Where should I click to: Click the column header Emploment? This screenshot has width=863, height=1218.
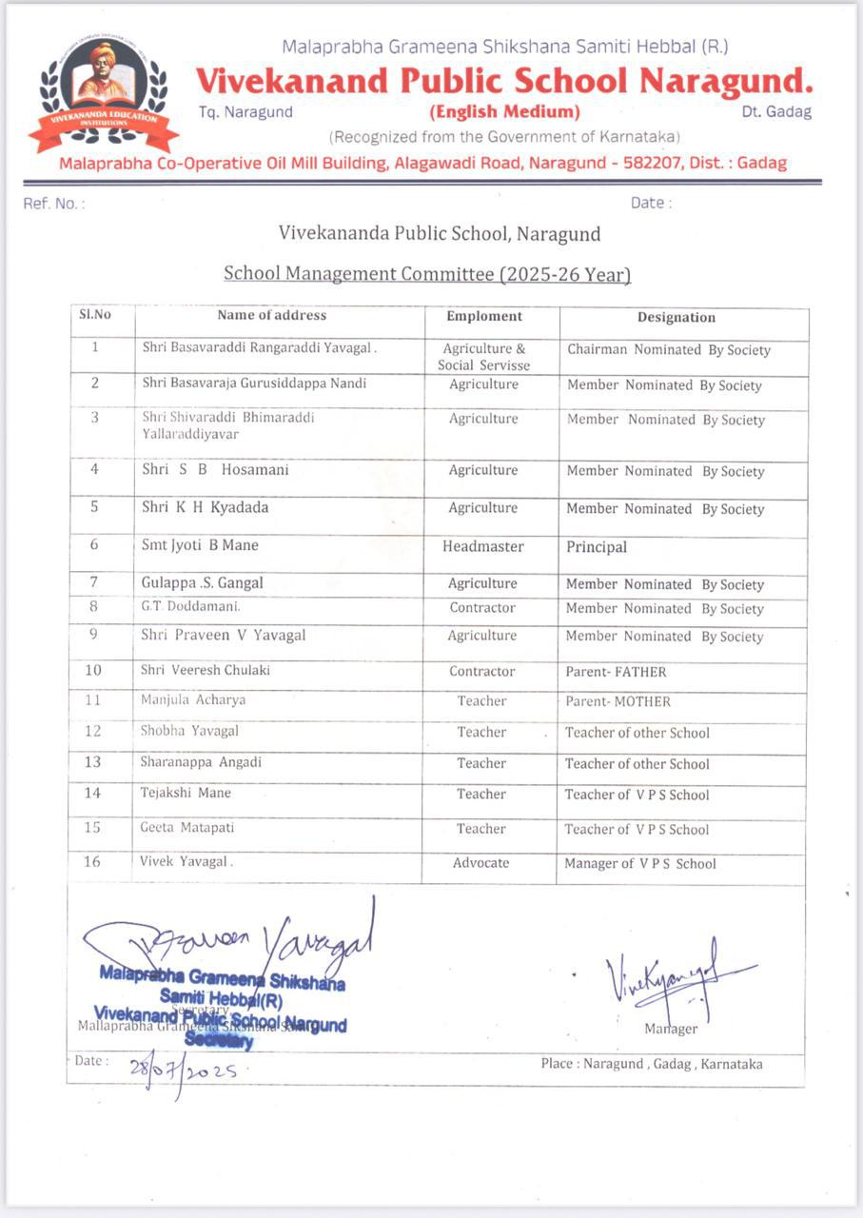[x=484, y=316]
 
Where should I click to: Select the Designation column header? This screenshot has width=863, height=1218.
[x=676, y=318]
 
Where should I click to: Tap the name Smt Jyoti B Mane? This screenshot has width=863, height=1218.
[x=200, y=545]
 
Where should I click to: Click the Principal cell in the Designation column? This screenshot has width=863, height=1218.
[x=597, y=547]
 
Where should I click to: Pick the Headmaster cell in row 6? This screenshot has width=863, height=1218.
[x=484, y=546]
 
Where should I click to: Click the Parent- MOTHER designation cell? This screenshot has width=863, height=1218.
[x=618, y=701]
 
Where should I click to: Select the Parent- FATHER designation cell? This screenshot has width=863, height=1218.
[x=616, y=672]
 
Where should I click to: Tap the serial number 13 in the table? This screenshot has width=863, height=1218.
[x=92, y=762]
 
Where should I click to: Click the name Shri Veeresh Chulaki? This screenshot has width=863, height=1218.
[x=206, y=670]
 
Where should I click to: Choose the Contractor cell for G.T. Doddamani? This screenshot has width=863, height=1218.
[x=482, y=607]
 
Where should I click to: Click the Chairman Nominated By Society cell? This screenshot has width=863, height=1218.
[x=668, y=350]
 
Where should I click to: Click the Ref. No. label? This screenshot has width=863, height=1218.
[x=53, y=204]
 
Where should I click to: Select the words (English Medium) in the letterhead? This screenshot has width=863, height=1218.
[x=504, y=111]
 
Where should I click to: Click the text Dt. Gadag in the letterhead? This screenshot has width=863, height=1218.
[x=776, y=112]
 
